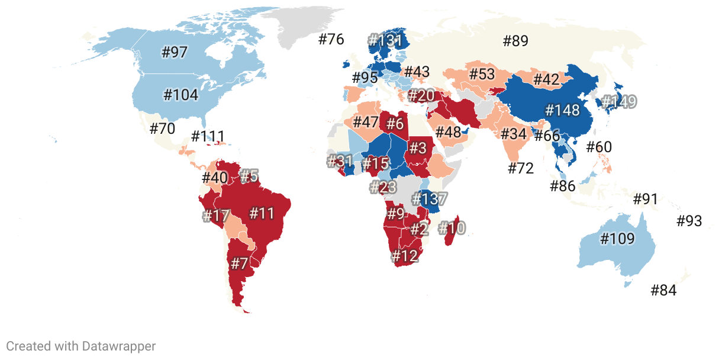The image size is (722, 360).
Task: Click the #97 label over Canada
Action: click(175, 52)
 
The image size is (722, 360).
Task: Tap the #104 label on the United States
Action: click(180, 95)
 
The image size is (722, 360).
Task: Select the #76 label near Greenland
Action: click(331, 40)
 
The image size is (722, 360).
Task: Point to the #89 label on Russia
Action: click(515, 41)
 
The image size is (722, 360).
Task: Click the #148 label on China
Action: click(565, 111)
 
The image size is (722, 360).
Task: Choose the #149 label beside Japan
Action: click(619, 102)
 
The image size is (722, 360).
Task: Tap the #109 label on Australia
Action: click(617, 239)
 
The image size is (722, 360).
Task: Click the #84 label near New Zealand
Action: click(663, 291)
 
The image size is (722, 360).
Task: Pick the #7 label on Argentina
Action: click(238, 264)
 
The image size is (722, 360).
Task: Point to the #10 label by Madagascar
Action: click(452, 228)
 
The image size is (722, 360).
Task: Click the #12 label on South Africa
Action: click(405, 256)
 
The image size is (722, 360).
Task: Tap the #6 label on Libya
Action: click(395, 124)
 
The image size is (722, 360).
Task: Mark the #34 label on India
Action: click(513, 134)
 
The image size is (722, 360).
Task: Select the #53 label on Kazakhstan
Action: click(482, 75)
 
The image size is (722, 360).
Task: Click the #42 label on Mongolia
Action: click(546, 79)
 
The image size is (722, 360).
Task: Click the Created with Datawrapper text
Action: click(81, 346)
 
